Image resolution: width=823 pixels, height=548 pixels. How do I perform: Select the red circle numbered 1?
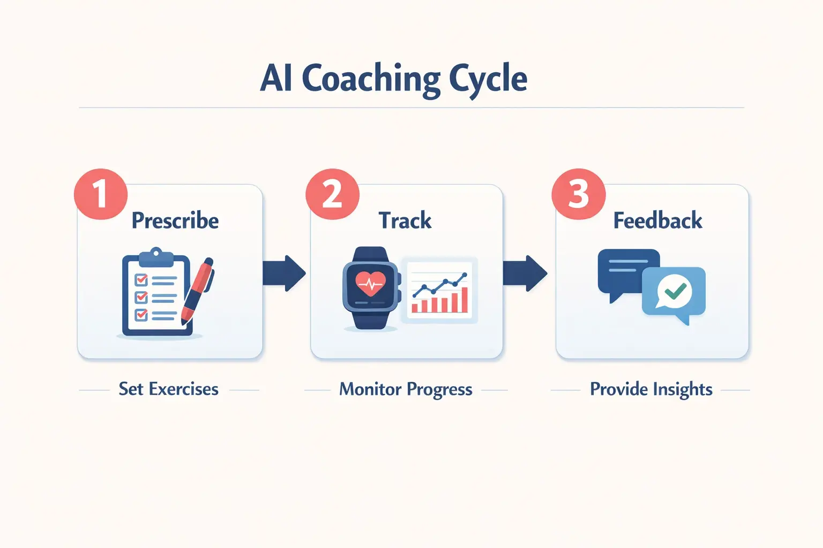point(101,194)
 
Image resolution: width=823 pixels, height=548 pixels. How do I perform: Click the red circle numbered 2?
point(332,194)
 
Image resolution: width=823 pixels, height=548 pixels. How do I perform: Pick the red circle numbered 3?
point(578,194)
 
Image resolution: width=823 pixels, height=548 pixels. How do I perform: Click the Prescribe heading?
point(175,220)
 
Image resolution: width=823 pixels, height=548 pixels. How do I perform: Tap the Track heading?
point(405,220)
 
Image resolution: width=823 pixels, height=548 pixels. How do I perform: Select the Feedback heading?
point(657,220)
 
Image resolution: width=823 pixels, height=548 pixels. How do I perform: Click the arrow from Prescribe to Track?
point(284,273)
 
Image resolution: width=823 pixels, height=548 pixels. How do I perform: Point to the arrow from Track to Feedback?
point(525,273)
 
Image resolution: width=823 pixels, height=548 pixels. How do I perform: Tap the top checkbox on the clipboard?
point(141,279)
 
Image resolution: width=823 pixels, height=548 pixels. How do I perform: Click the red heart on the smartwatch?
point(370,284)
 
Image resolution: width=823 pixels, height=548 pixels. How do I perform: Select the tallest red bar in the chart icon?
point(463,300)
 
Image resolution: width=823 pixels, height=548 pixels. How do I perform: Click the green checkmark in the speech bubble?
point(675,291)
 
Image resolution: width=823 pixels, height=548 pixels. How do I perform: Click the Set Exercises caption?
point(168,389)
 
